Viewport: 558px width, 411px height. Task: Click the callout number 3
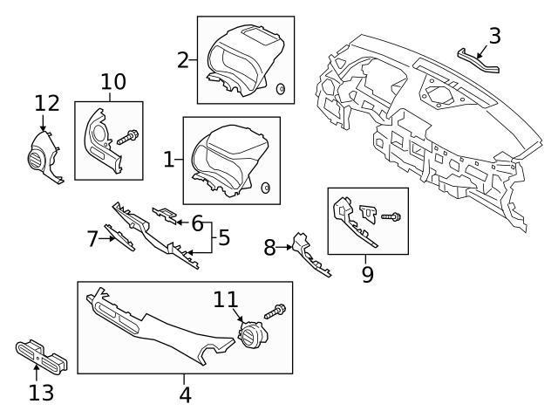point(494,36)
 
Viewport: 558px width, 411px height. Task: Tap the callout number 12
point(47,104)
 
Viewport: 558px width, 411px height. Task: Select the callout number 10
point(112,83)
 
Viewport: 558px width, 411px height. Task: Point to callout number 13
point(41,394)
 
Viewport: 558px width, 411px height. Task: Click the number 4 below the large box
point(185,394)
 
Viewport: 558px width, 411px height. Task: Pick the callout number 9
point(367,275)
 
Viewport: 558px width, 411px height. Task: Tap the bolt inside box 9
point(389,215)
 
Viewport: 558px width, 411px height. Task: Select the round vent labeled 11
point(254,335)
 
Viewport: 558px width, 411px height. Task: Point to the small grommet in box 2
point(281,89)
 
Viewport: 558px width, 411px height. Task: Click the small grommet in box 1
point(266,187)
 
